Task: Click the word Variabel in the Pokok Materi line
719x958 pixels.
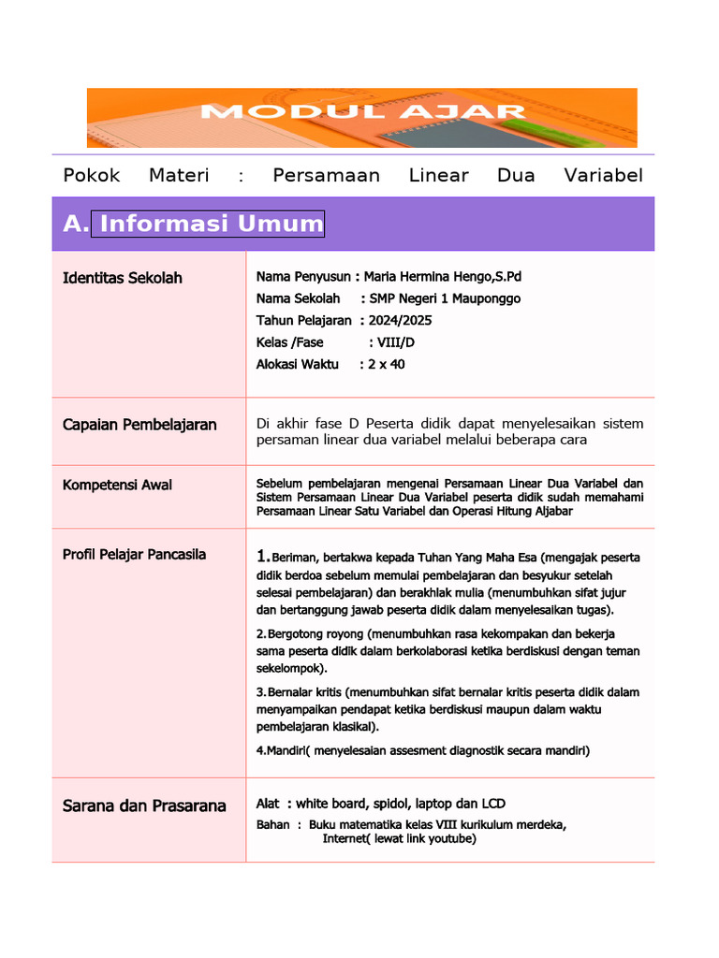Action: [x=604, y=176]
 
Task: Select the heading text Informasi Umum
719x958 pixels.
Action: [x=211, y=224]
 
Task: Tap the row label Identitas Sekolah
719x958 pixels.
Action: [x=123, y=278]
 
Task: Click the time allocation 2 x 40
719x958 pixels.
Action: [x=387, y=364]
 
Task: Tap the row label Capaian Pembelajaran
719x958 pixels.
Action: [x=139, y=425]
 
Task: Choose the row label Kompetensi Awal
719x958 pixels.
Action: [x=118, y=485]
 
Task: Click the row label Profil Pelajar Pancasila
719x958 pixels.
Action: [x=134, y=555]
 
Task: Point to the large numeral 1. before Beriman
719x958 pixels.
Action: [x=263, y=557]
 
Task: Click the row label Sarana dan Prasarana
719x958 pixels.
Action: [x=144, y=806]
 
